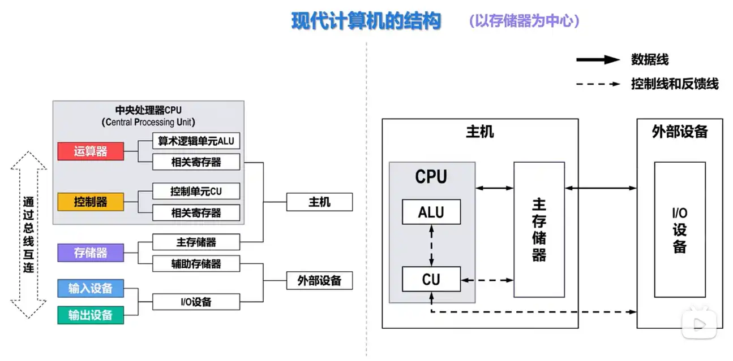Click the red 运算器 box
click(x=91, y=151)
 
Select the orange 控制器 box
click(x=91, y=202)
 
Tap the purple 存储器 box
click(x=91, y=253)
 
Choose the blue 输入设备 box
click(x=91, y=289)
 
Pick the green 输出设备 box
click(x=91, y=315)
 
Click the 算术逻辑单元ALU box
click(x=196, y=141)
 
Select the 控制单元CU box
click(x=196, y=192)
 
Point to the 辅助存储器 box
click(x=196, y=264)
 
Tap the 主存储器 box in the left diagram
click(x=196, y=242)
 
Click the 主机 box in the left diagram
click(x=319, y=202)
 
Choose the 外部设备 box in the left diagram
click(x=319, y=281)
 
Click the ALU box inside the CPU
click(x=431, y=212)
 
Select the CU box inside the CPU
click(x=431, y=279)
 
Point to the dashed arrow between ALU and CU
click(x=432, y=245)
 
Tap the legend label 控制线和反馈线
click(x=675, y=84)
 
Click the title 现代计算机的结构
click(x=366, y=21)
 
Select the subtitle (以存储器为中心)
click(x=524, y=21)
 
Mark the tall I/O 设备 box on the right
click(x=680, y=229)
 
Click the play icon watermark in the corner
click(x=698, y=323)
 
